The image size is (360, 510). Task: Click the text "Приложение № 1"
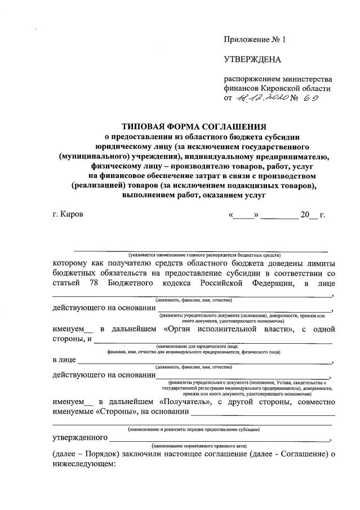255,39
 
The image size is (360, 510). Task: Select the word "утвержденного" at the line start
80,438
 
